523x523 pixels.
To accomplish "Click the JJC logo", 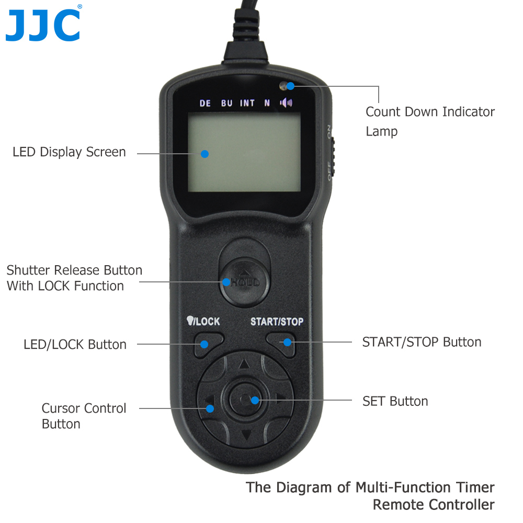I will click(x=43, y=25).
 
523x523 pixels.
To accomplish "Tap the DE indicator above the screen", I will click(x=205, y=103).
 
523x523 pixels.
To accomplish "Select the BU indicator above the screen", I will click(x=226, y=103).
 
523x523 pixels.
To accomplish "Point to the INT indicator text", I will click(x=247, y=103).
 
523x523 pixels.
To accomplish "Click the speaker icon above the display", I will click(x=286, y=103).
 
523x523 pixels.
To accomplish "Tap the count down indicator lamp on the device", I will click(x=286, y=85).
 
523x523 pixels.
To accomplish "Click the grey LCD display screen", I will click(x=244, y=153).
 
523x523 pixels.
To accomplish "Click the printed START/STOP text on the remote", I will click(x=277, y=321).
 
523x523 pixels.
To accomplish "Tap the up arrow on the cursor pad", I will click(x=243, y=365).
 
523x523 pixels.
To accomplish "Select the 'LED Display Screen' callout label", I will click(x=69, y=152).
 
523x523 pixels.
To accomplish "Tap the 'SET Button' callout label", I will click(x=395, y=401).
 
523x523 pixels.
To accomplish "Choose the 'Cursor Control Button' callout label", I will click(x=84, y=416).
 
